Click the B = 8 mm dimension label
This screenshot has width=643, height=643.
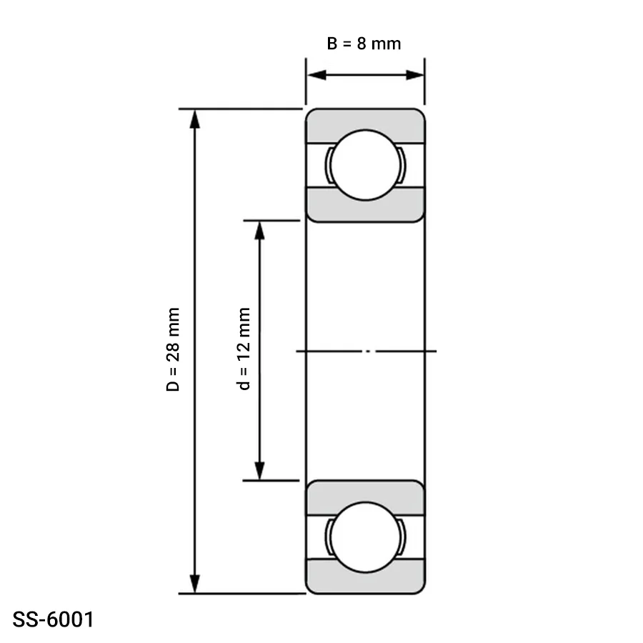tap(364, 44)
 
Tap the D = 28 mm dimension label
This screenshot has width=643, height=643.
tap(173, 349)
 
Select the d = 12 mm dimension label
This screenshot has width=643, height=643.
tap(244, 349)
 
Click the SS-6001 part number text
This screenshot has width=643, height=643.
tap(54, 619)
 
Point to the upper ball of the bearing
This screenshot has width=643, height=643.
tap(365, 165)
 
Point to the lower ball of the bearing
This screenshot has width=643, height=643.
tap(365, 537)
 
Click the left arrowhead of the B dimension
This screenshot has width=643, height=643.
tap(316, 75)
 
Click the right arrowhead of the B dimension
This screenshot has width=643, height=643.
tap(414, 75)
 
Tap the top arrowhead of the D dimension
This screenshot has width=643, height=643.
tap(195, 119)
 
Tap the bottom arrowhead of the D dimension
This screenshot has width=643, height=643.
tap(195, 584)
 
